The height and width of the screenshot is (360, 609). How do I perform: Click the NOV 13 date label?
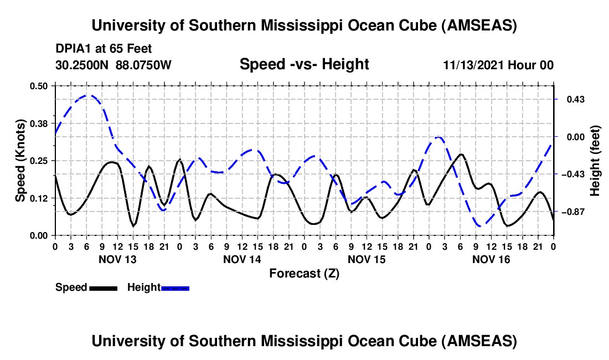[117, 259]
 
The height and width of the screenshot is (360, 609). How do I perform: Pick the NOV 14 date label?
[242, 259]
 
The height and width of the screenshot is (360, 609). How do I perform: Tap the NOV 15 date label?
[367, 259]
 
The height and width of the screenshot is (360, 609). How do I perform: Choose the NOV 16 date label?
[491, 259]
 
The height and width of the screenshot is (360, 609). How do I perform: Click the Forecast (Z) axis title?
[304, 273]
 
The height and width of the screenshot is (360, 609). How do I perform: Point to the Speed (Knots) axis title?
[20, 161]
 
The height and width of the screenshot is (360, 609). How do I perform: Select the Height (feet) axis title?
[595, 161]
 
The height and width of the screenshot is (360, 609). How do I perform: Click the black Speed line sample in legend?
[103, 287]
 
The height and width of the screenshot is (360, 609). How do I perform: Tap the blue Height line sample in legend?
[175, 287]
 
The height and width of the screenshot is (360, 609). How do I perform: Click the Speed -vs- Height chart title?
[304, 64]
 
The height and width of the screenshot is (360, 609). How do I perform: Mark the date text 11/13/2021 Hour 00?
[498, 65]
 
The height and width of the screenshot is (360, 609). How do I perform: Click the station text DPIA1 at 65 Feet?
[104, 49]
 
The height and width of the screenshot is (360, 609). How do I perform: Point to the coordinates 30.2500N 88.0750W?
[113, 65]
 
